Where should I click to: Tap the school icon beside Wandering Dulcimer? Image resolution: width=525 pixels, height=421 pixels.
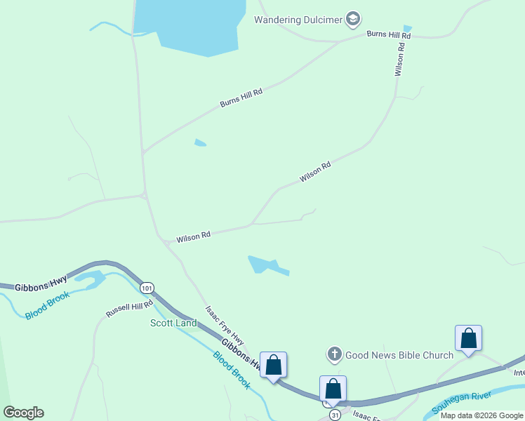coord(354,19)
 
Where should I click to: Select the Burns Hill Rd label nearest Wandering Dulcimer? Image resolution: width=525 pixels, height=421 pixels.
coord(388,34)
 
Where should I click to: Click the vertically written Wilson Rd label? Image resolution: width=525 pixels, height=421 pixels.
coord(400,60)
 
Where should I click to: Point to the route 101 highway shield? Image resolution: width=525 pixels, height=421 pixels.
coord(147,288)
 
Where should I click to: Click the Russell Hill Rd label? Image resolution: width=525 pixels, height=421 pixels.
coord(129,308)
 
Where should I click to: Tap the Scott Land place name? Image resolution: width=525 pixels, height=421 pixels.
coord(173,323)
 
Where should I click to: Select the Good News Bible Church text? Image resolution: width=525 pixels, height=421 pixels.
coord(399,355)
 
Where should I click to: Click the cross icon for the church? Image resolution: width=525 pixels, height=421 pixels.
coord(335,355)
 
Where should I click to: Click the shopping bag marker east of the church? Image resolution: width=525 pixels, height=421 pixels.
coord(468,339)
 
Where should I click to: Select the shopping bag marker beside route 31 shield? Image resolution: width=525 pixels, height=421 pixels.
coord(333,389)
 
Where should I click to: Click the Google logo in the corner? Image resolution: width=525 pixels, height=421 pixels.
coord(23,413)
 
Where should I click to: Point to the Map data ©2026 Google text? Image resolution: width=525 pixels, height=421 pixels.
coord(481,415)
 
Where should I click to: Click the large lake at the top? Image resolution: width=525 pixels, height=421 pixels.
coord(190,25)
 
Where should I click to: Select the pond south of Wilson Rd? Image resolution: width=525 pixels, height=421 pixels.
coord(263,265)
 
